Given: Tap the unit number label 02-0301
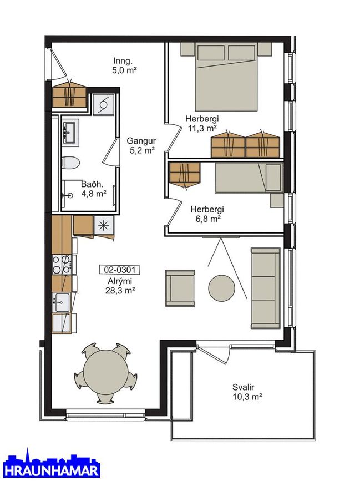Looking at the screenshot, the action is tap(120, 270).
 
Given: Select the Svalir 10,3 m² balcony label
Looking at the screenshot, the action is tap(247, 392).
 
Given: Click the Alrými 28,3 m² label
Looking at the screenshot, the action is tap(120, 286).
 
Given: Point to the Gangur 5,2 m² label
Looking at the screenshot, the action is tap(141, 145).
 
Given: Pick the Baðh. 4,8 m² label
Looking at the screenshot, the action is tap(94, 189).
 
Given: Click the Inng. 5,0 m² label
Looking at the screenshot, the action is tap(124, 65).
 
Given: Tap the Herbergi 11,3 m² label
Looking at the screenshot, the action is tap(202, 123).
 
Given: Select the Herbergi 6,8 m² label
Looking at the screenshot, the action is tap(207, 214).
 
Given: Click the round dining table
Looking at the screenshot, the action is tap(105, 373).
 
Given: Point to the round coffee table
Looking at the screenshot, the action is tap(222, 288).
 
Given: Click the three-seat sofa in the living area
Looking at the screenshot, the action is tap(266, 288).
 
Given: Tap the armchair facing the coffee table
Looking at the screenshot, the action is tap(180, 288).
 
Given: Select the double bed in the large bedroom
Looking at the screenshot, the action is tap(226, 77).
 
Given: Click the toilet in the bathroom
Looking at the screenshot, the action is tap(70, 163).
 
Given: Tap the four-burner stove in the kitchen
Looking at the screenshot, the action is tap(62, 265).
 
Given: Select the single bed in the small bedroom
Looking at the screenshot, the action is tap(249, 178).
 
